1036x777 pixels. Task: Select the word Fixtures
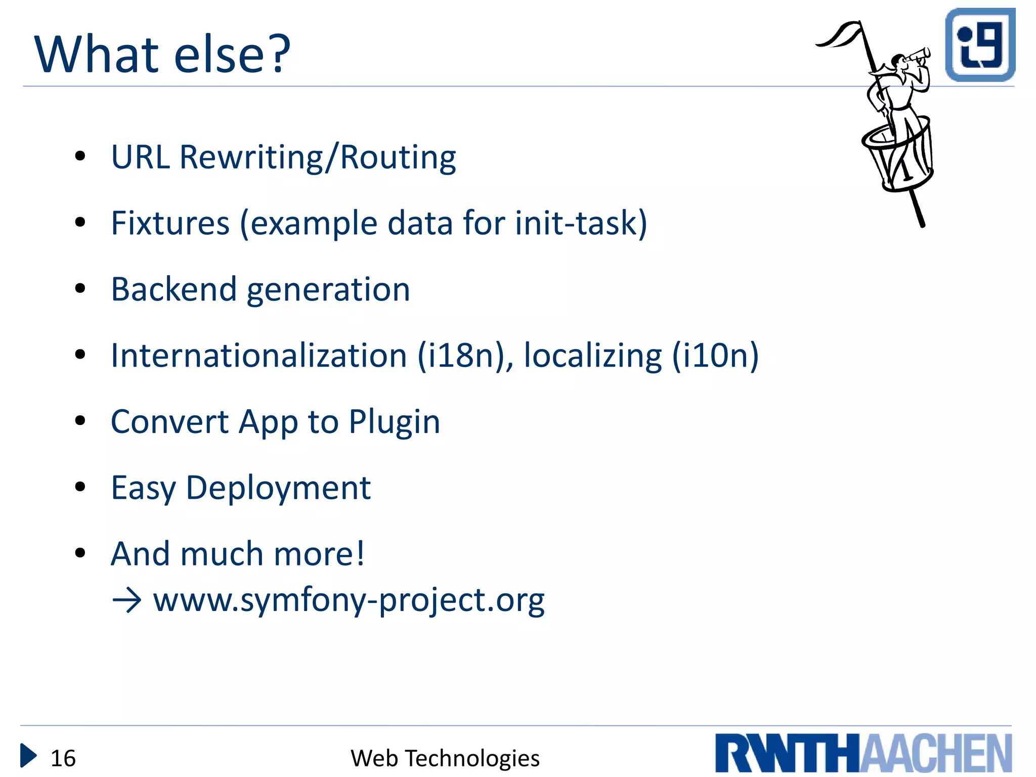[170, 223]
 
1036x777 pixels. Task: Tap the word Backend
[174, 289]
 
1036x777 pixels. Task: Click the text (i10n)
[715, 356]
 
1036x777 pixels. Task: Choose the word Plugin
[394, 422]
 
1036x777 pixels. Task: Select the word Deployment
[278, 488]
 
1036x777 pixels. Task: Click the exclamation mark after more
[360, 553]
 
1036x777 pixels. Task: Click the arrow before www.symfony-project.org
[126, 601]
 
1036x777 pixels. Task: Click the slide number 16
[63, 758]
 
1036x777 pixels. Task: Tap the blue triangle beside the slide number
[28, 756]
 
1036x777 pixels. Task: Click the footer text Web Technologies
[445, 758]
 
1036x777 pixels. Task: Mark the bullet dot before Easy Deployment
[80, 487]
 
